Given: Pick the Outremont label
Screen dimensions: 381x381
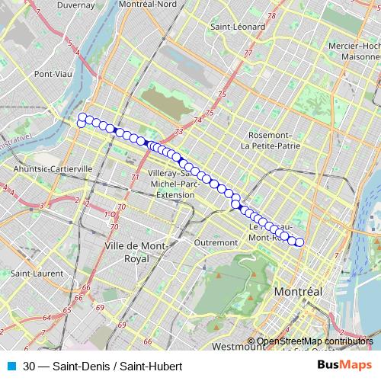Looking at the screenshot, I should (x=216, y=242).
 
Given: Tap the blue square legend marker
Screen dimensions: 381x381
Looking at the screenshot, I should (x=10, y=365).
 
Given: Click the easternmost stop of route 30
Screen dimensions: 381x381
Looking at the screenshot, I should (x=299, y=242).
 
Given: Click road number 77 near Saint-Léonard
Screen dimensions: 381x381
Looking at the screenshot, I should (x=248, y=53).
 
